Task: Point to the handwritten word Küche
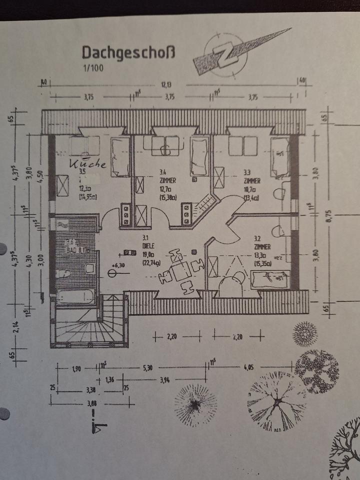pyautogui.click(x=87, y=163)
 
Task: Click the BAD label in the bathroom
pyautogui.click(x=70, y=249)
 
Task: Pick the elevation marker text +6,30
pyautogui.click(x=118, y=265)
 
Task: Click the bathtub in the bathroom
pyautogui.click(x=75, y=296)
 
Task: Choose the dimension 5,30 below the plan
pyautogui.click(x=147, y=368)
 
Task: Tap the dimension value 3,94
pyautogui.click(x=164, y=380)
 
